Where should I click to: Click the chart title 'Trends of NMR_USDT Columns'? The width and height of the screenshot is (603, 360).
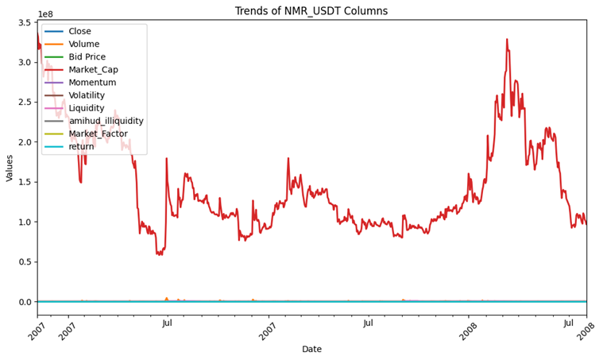click(311, 11)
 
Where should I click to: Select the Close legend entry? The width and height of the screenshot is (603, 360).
click(79, 32)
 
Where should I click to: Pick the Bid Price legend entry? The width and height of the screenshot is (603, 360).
click(87, 57)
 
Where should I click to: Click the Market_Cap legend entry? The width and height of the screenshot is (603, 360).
click(92, 70)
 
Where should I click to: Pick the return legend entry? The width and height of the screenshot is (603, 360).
click(81, 146)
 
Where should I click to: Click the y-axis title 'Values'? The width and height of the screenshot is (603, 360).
click(10, 168)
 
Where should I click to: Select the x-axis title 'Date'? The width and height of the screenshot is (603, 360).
click(311, 349)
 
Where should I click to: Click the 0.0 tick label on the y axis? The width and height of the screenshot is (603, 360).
click(23, 302)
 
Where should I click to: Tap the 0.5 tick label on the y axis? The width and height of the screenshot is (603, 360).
click(23, 262)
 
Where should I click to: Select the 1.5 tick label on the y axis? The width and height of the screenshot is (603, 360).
click(23, 182)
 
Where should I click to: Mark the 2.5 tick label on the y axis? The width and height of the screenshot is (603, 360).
click(23, 103)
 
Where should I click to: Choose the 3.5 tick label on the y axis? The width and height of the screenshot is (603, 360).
click(23, 22)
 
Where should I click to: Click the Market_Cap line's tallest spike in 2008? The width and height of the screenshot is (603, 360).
click(507, 39)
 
